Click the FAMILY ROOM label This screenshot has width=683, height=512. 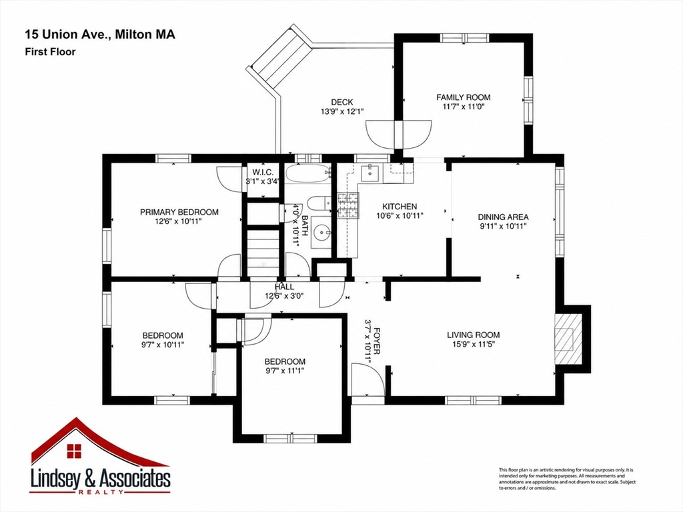pos(463,97)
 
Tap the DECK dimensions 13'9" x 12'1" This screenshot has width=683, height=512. pos(342,111)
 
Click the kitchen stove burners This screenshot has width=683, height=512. pos(348,205)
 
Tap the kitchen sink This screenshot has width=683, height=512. pos(371,173)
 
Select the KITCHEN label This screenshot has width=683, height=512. pos(400,207)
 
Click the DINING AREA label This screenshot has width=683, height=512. pos(503,217)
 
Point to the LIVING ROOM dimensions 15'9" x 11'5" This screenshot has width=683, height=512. pos(474,344)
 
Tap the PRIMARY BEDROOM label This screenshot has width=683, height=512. pos(179,212)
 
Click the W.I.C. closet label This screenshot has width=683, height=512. pos(263,173)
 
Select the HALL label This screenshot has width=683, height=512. pos(284,287)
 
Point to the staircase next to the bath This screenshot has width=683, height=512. pos(263,251)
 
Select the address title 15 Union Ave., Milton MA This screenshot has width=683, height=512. pos(100,35)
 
